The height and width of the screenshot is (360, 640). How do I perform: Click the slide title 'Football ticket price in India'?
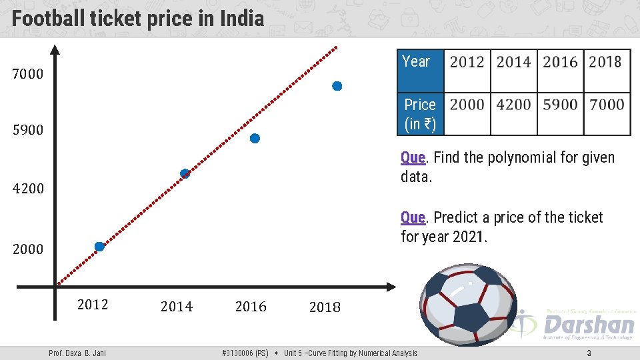point(138,18)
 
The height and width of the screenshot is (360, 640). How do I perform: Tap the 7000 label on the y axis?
point(28,74)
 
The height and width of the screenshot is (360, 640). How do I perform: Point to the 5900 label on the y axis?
point(28,130)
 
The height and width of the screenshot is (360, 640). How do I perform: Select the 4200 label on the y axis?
point(28,189)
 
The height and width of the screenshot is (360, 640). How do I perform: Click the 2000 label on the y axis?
point(28,249)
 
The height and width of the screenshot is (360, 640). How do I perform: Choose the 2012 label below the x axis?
point(93,305)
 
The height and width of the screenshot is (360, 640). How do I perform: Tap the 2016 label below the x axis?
point(251,307)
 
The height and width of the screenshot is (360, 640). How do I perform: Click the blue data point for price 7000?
point(337,86)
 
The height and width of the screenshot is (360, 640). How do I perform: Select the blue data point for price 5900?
point(255,139)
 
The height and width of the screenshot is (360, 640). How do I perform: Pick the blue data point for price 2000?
point(99,247)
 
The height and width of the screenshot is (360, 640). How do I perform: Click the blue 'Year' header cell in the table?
point(420,70)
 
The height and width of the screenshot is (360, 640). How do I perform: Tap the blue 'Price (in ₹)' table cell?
point(420,114)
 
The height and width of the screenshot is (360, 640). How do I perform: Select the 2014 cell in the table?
point(513,62)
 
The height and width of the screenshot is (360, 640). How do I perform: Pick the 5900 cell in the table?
point(560,105)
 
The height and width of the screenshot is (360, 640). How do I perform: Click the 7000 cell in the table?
point(606,105)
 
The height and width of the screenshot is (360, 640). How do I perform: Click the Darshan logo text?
point(588,325)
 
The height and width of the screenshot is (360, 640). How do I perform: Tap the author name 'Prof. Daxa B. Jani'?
point(77,353)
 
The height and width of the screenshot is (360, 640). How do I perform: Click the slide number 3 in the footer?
point(589,353)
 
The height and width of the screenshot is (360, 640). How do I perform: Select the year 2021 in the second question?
point(469,237)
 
